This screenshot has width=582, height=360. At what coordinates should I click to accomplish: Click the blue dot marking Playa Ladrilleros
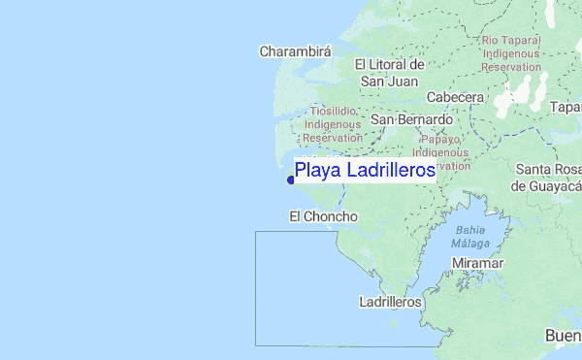pos(290,180)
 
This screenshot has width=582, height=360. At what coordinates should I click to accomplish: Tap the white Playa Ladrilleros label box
pos(365,170)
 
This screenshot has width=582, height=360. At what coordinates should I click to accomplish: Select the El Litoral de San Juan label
pos(389,73)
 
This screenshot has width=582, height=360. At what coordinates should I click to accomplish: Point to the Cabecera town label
pos(455,98)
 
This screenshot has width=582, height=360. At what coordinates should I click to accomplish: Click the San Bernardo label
pos(411,119)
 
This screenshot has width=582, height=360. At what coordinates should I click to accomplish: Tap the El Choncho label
pos(324,216)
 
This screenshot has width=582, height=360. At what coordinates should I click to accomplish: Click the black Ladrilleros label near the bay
pos(390,302)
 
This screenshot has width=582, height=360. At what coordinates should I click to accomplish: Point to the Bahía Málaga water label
pos(469,236)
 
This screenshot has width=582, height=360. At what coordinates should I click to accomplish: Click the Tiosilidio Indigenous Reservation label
pos(332,124)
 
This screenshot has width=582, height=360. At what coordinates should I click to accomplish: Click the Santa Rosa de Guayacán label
pos(548,178)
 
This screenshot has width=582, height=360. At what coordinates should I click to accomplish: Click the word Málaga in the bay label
pos(469,243)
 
